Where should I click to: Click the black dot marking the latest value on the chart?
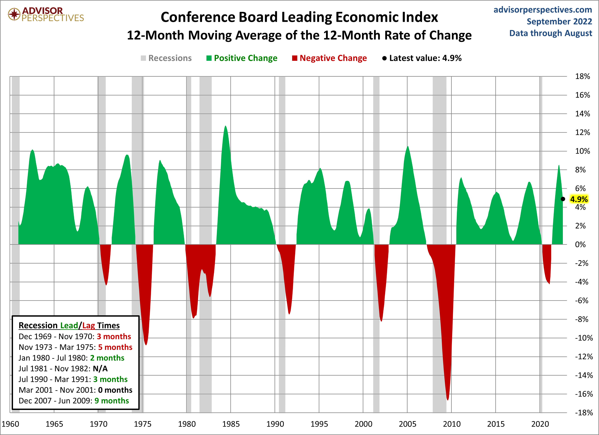pyautogui.click(x=563, y=199)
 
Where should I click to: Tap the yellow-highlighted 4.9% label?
pyautogui.click(x=579, y=199)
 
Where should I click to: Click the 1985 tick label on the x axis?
pyautogui.click(x=231, y=424)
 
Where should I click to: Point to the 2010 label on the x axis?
pyautogui.click(x=452, y=424)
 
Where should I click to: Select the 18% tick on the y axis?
pyautogui.click(x=582, y=76)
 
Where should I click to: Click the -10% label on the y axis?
pyautogui.click(x=584, y=338)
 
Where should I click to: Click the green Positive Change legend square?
pyautogui.click(x=209, y=58)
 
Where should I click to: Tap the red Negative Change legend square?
pyautogui.click(x=294, y=58)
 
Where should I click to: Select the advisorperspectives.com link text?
pyautogui.click(x=543, y=10)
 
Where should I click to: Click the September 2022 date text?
pyautogui.click(x=559, y=21)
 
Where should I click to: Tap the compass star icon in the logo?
pyautogui.click(x=14, y=14)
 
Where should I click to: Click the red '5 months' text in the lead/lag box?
pyautogui.click(x=115, y=347)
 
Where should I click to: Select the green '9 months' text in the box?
pyautogui.click(x=112, y=401)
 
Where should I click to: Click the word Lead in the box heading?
pyautogui.click(x=69, y=325)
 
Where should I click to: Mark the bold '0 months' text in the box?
pyautogui.click(x=115, y=390)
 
